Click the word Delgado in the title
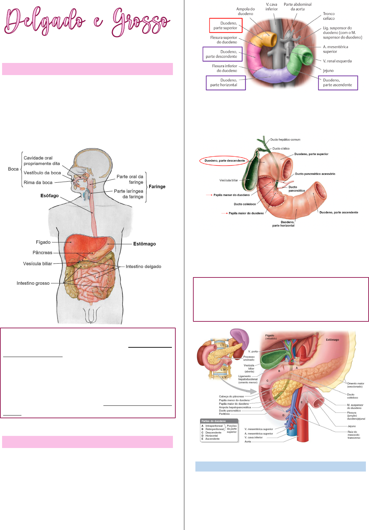(x=45, y=21)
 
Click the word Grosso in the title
(x=141, y=21)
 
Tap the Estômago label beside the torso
(x=145, y=244)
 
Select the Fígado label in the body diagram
(x=43, y=242)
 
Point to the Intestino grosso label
(x=33, y=283)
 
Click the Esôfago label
(x=49, y=196)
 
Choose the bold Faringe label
(x=157, y=187)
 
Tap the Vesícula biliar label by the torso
(x=38, y=264)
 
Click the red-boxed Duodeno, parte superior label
(x=225, y=26)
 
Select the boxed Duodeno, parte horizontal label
(x=225, y=83)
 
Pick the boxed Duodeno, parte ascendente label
(x=338, y=83)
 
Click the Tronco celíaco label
(x=329, y=16)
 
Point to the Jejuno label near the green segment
(x=328, y=71)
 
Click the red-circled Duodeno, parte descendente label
(x=224, y=161)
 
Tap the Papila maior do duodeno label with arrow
(x=246, y=213)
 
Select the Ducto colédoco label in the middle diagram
(x=245, y=204)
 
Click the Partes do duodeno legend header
(x=214, y=421)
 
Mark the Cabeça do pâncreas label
(x=231, y=396)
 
